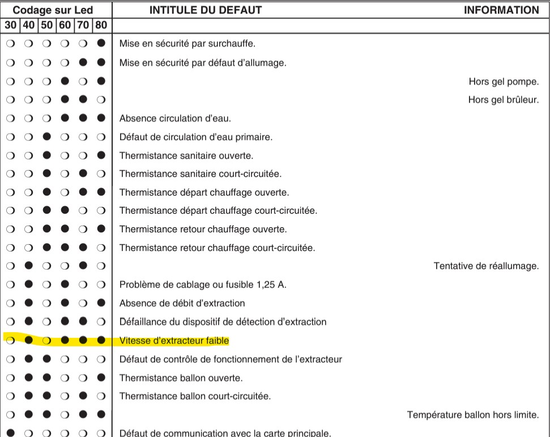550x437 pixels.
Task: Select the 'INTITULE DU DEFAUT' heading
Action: pos(205,10)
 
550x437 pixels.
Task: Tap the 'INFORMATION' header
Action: pos(501,10)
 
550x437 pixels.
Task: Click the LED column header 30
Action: pos(10,25)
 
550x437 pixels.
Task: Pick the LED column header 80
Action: pos(101,25)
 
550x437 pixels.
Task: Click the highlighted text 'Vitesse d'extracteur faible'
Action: pos(174,341)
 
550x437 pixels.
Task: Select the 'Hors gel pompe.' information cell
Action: pos(504,82)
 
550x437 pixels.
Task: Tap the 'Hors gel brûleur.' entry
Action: pos(503,100)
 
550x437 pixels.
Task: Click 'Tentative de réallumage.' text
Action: pos(486,266)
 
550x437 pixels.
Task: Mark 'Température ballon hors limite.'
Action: pos(473,415)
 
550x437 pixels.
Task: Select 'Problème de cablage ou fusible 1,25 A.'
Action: pos(203,285)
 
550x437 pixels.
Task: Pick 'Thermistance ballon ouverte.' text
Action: pos(181,377)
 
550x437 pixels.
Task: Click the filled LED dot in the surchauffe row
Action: pos(101,44)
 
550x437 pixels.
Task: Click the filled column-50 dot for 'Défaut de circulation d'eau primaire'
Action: pos(46,137)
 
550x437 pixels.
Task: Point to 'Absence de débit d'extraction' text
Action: pos(182,303)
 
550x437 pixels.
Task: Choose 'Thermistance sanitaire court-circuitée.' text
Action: pos(201,174)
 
